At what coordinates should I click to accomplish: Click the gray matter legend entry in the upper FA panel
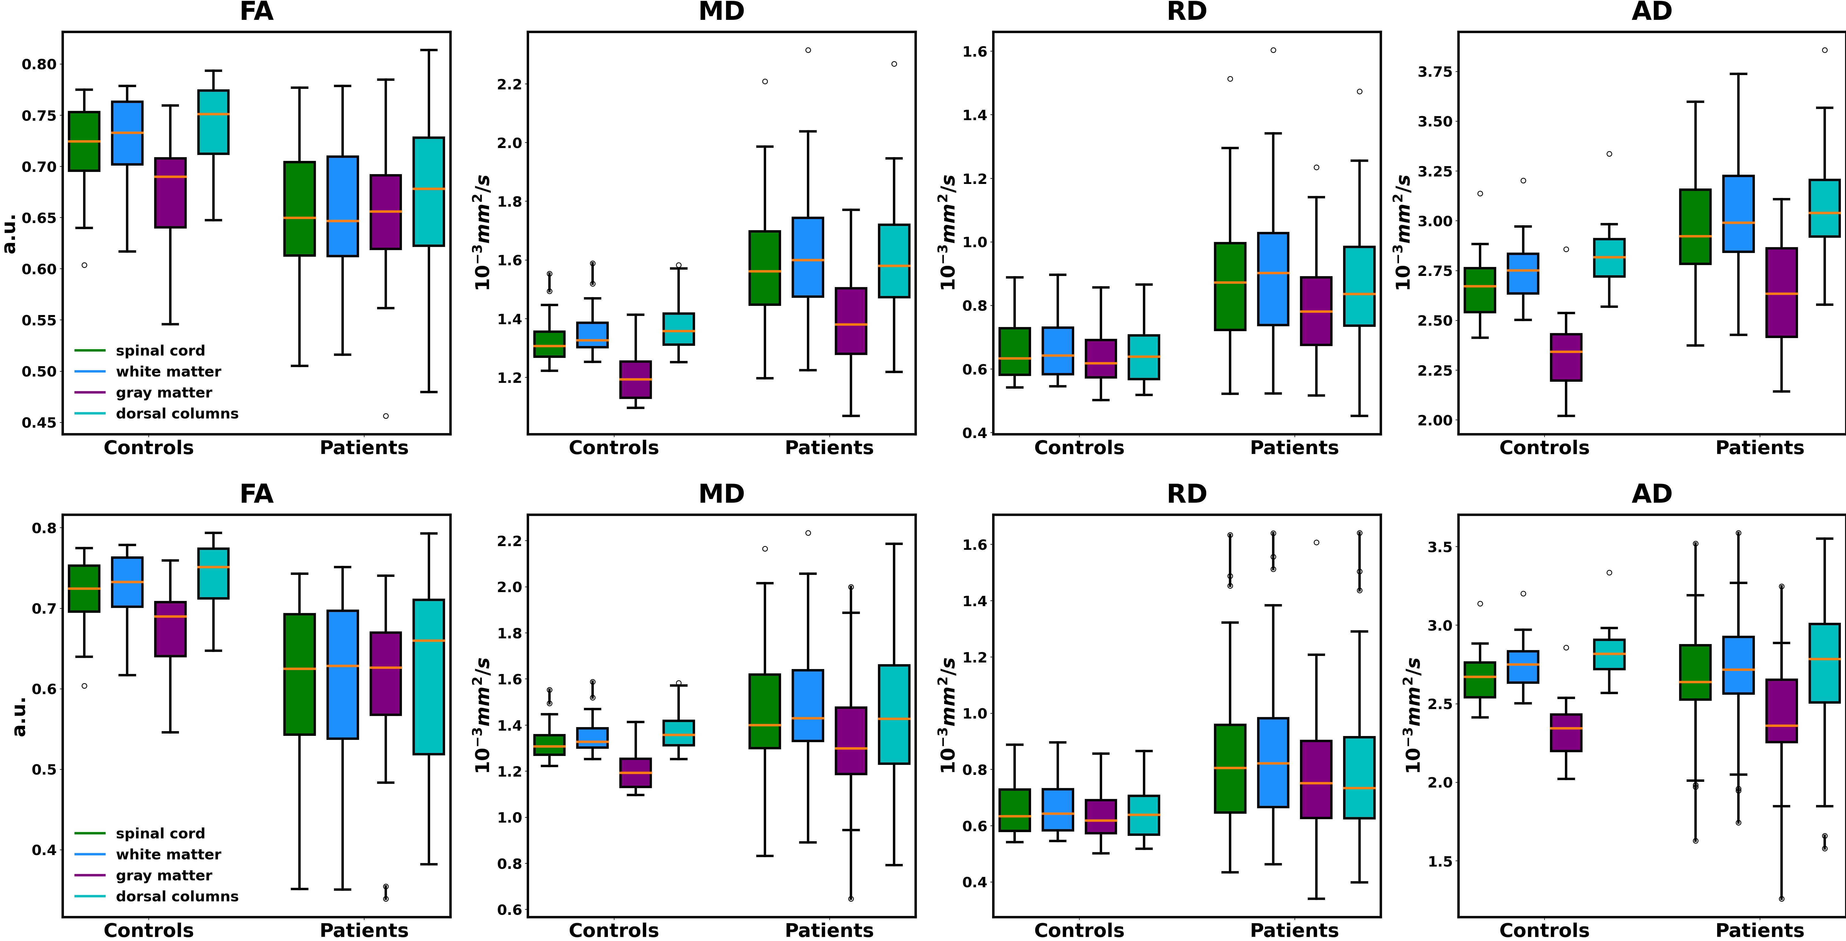click(x=163, y=392)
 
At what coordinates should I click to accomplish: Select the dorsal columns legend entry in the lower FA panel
click(x=176, y=897)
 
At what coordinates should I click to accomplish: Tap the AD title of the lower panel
click(x=1652, y=494)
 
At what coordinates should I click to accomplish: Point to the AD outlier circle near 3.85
click(x=1824, y=50)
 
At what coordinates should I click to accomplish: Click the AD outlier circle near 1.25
click(x=1782, y=899)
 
